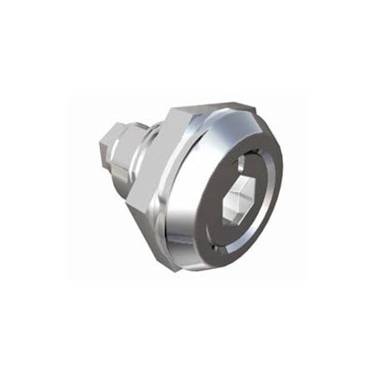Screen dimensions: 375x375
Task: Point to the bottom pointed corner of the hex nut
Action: [167, 257]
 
